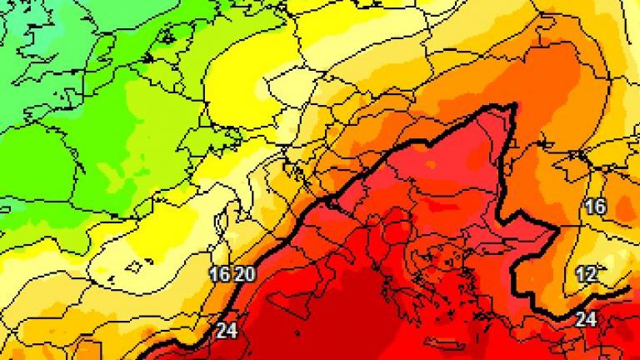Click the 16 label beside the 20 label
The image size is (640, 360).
(220, 274)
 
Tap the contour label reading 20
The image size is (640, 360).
(244, 274)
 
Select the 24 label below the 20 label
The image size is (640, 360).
(227, 330)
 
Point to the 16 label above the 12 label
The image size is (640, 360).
(595, 207)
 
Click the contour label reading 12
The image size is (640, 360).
(586, 274)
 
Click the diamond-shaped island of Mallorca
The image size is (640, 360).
(132, 267)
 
